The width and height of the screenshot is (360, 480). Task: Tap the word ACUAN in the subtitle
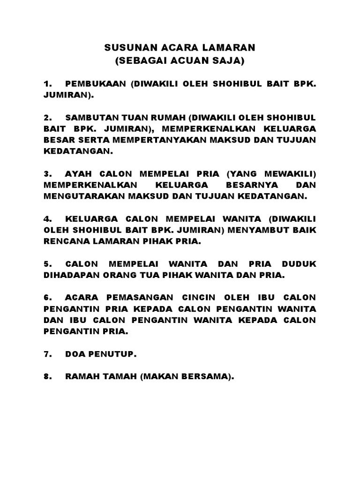click(187, 61)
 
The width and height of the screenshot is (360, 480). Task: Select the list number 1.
click(47, 84)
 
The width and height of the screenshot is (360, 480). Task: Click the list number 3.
click(47, 173)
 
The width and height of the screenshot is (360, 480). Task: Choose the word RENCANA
click(64, 242)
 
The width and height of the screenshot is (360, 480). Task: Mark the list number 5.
click(47, 264)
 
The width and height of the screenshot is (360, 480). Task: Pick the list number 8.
click(47, 377)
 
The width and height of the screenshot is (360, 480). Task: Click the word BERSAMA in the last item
click(209, 377)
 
